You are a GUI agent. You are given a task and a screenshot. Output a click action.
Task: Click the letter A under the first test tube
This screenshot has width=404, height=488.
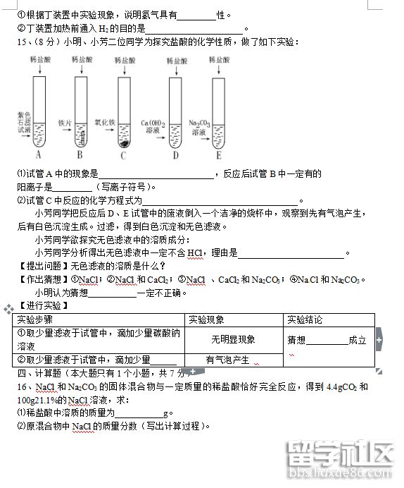(x=39, y=154)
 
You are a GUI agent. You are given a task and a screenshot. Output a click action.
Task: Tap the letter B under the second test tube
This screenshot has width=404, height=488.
(x=80, y=154)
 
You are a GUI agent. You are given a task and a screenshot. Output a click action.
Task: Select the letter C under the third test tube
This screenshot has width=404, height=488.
(x=124, y=156)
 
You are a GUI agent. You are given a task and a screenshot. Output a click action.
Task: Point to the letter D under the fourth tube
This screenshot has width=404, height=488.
(x=175, y=155)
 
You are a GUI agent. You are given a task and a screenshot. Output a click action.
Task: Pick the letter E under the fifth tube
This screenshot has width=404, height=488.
(x=219, y=155)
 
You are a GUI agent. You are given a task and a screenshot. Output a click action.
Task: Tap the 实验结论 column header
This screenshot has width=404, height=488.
(x=305, y=319)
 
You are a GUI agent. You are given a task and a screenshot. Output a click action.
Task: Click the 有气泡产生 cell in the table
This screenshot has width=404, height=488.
(x=227, y=360)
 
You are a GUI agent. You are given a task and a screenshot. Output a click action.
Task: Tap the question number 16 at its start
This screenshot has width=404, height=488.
(x=23, y=388)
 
